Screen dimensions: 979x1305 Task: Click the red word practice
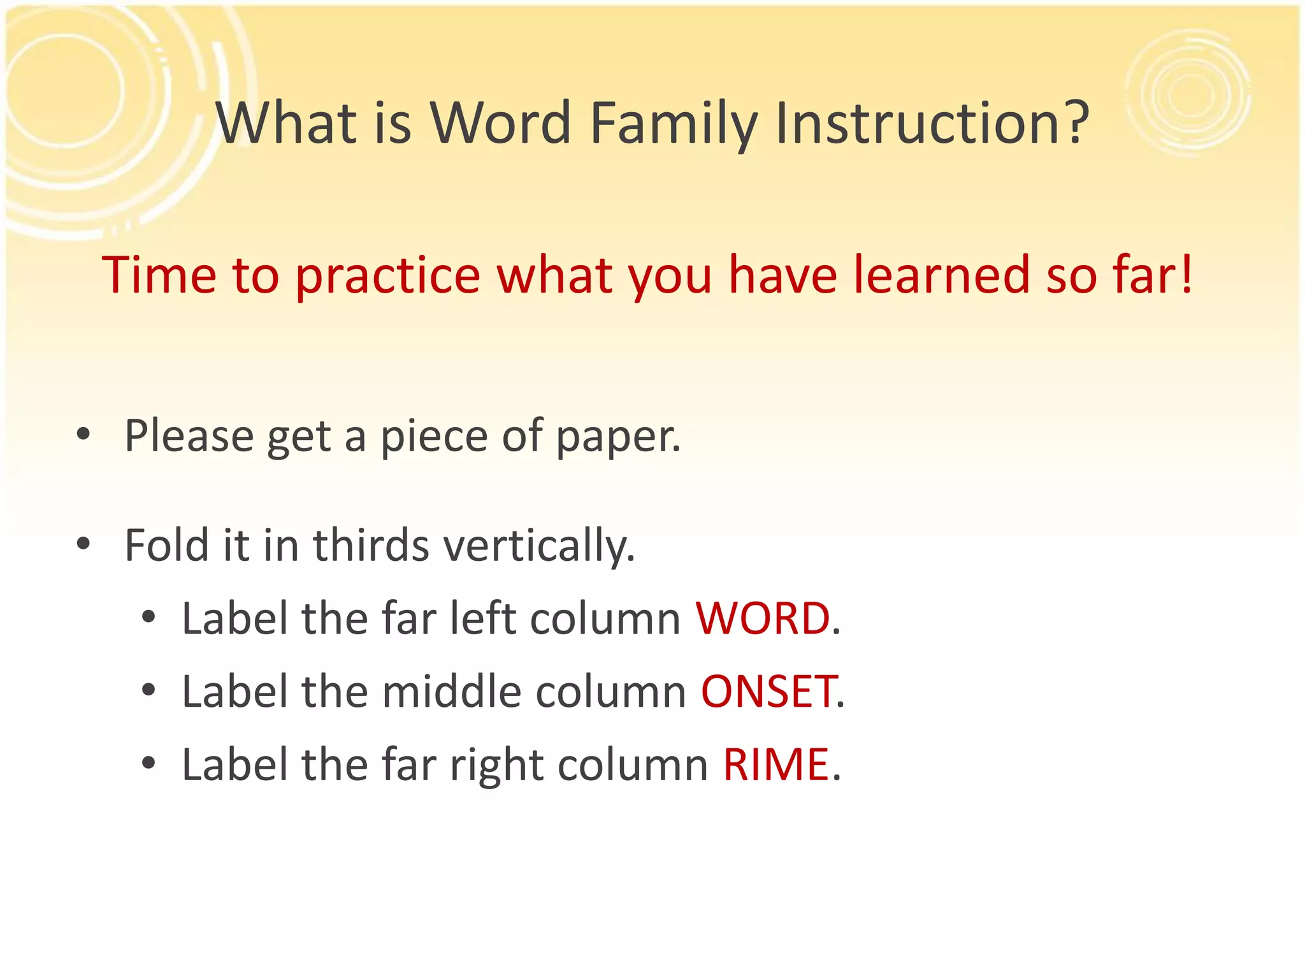[388, 275]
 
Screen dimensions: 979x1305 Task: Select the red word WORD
[762, 619]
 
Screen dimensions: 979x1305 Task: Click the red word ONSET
[768, 692]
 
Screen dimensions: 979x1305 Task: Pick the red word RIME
[775, 765]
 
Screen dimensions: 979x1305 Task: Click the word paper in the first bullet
[617, 437]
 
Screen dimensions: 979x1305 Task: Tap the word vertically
[539, 547]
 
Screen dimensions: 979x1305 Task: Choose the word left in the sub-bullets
[482, 619]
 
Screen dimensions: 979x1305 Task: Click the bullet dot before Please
[83, 435]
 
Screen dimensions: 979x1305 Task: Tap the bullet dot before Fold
[83, 544]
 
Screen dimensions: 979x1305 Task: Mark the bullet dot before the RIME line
[148, 763]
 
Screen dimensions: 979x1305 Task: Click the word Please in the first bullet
[189, 437]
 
